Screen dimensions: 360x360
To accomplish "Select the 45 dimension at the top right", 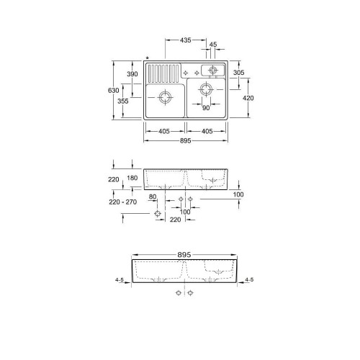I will pyautogui.click(x=212, y=45).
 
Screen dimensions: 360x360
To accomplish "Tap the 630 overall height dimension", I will pyautogui.click(x=112, y=91).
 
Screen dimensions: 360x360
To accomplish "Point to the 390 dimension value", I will pyautogui.click(x=132, y=74).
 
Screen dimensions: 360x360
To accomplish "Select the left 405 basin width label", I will pyautogui.click(x=165, y=130).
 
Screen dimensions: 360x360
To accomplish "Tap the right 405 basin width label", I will pyautogui.click(x=207, y=130).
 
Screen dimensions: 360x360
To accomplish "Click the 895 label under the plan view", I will pyautogui.click(x=186, y=142).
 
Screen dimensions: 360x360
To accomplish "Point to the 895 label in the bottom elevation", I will pyautogui.click(x=186, y=255).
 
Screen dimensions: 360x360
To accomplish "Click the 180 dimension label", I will pyautogui.click(x=132, y=178).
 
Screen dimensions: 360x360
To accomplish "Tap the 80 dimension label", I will pyautogui.click(x=153, y=196).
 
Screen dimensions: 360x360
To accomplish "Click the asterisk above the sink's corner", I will pyautogui.click(x=147, y=58).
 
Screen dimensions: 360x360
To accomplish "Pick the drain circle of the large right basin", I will pyautogui.click(x=206, y=89).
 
